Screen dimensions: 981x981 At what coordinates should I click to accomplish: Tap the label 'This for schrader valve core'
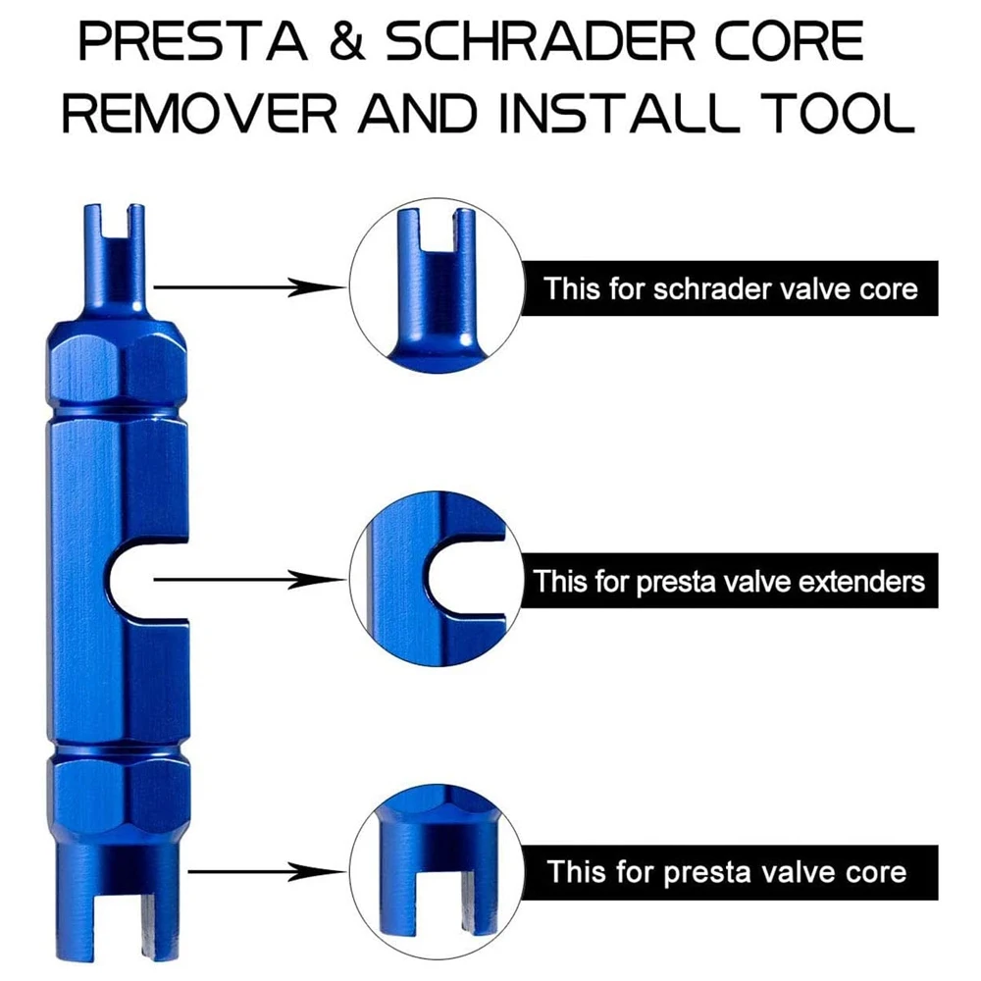731,289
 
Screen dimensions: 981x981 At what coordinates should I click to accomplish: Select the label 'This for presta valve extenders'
729,581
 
